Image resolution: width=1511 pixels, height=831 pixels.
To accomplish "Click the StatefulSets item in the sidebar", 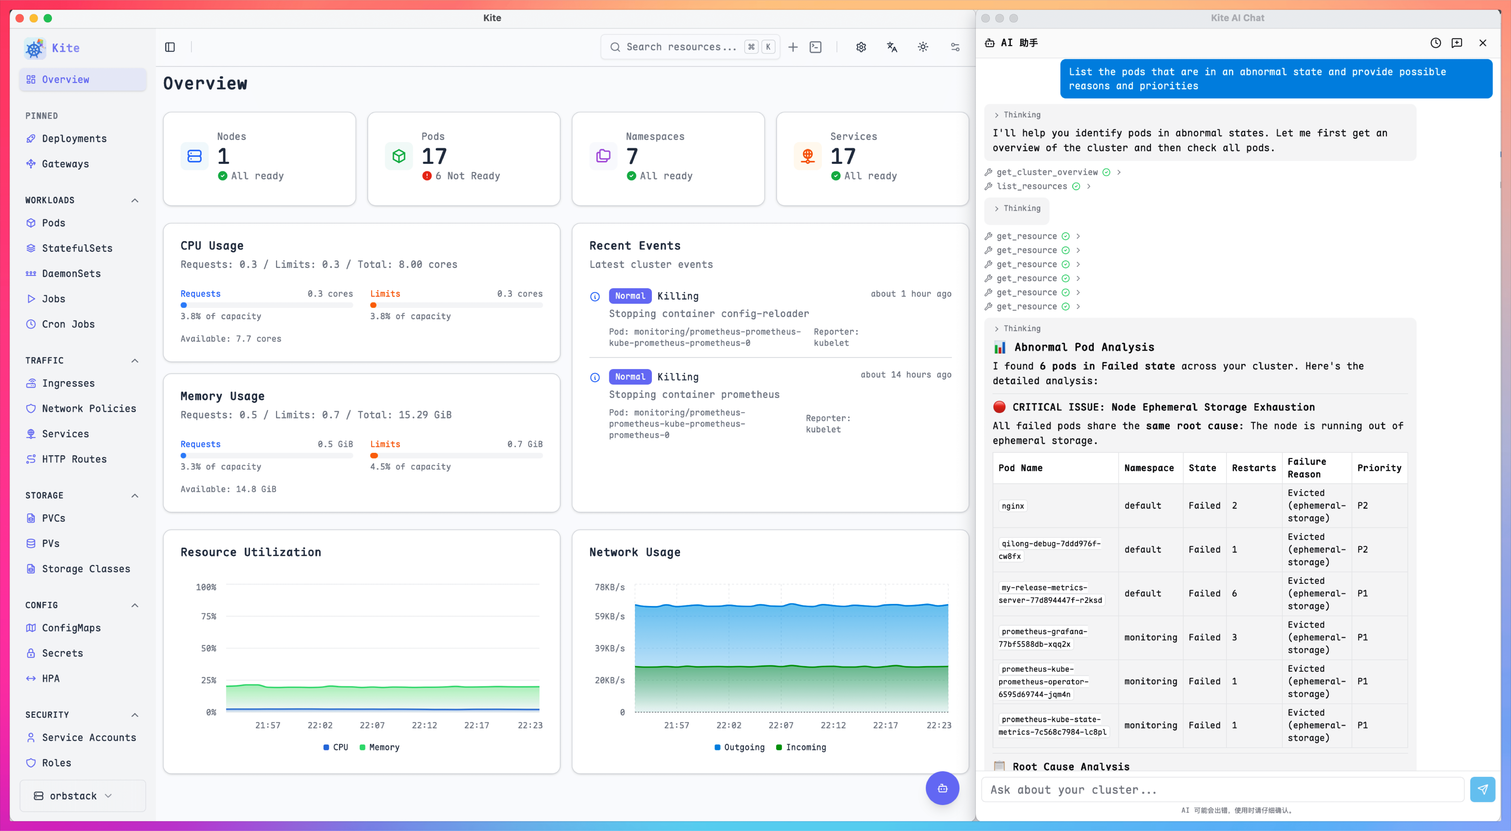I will click(x=77, y=248).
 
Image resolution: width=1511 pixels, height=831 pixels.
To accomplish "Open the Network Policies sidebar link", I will click(x=89, y=408).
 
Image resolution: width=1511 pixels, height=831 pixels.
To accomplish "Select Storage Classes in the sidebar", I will click(x=86, y=569).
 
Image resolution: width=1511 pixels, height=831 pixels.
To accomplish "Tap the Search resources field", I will click(x=680, y=47).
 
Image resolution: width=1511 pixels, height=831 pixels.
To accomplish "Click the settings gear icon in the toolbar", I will click(x=861, y=47).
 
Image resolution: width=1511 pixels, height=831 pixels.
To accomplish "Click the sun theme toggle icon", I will click(x=923, y=47).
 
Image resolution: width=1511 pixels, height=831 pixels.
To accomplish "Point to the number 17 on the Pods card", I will click(x=434, y=156).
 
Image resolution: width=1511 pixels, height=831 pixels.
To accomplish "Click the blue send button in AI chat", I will click(x=1482, y=789).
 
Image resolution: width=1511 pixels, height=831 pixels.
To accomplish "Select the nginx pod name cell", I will click(x=1013, y=506).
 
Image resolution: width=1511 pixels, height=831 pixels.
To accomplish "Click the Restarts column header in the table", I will click(x=1254, y=468).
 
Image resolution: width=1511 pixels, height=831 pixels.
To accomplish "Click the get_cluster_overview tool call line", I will click(x=1047, y=172).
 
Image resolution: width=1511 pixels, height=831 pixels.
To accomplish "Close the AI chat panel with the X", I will click(x=1482, y=43).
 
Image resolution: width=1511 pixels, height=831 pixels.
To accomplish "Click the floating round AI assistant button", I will click(x=942, y=788).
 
